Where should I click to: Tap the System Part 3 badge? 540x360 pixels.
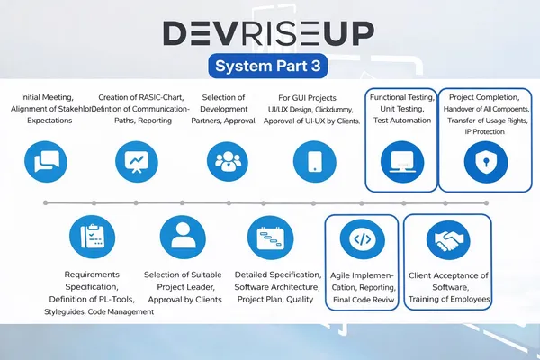(x=268, y=66)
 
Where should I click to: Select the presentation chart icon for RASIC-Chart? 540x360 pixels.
(x=136, y=161)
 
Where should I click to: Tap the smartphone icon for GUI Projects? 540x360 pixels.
(x=315, y=161)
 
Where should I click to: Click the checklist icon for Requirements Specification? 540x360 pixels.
(x=93, y=238)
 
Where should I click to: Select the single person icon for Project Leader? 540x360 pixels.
(x=183, y=238)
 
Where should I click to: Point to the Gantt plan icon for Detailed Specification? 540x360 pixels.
(x=270, y=238)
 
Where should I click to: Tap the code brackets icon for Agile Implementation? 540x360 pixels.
(x=360, y=238)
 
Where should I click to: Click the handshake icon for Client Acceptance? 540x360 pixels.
(x=447, y=238)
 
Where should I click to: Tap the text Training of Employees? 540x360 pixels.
(x=447, y=298)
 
